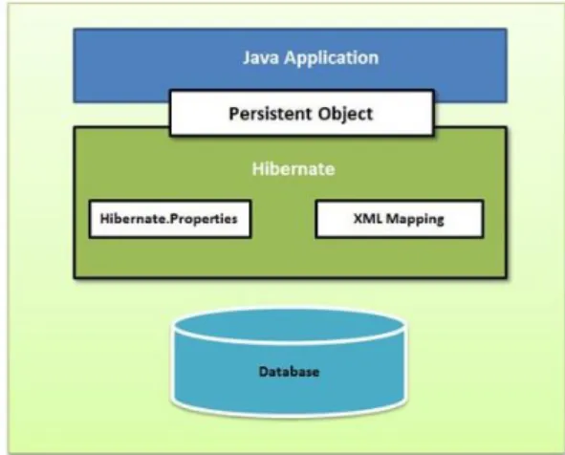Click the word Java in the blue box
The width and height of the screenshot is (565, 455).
tap(261, 57)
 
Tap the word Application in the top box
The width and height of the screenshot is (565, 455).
tap(332, 58)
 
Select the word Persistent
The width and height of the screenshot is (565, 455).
tap(271, 114)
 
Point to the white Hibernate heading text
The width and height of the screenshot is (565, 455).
tap(293, 169)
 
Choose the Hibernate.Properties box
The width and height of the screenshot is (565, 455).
tap(170, 219)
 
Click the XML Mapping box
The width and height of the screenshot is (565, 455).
tap(400, 219)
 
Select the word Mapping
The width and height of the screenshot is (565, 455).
tap(415, 220)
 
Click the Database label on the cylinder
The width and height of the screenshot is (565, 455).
tap(289, 372)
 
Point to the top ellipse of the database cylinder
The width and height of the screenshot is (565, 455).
tap(289, 326)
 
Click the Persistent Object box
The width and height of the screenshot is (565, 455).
tap(302, 113)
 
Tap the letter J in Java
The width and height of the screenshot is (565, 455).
tap(247, 58)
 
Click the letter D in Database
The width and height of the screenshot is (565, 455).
tap(264, 372)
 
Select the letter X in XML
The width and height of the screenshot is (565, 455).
tap(358, 218)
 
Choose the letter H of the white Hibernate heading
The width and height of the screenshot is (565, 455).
tap(257, 169)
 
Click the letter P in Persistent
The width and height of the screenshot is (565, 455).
tap(234, 114)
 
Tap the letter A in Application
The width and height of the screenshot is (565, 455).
tap(291, 58)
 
